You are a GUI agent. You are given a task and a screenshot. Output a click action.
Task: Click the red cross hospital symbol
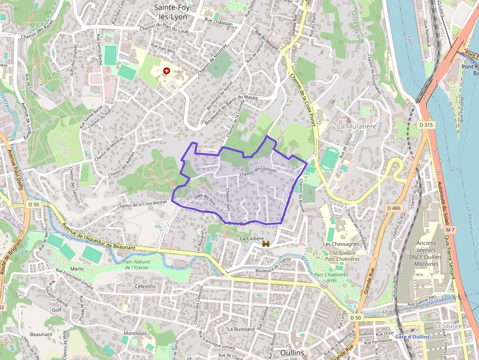pyautogui.click(x=167, y=71)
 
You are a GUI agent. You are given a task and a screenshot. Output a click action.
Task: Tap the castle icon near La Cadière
pyautogui.click(x=266, y=243)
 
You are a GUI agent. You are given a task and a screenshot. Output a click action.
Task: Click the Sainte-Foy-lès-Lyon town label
pyautogui.click(x=173, y=12)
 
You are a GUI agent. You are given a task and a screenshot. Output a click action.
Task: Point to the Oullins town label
pyautogui.click(x=292, y=353)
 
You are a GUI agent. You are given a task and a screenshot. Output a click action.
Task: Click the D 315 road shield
pyautogui.click(x=426, y=126)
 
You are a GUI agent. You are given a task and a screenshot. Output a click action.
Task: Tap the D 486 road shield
pyautogui.click(x=393, y=208)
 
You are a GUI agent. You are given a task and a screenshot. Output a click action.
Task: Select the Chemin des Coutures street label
pyautogui.click(x=258, y=172)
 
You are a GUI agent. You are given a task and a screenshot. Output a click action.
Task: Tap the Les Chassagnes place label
pyautogui.click(x=341, y=244)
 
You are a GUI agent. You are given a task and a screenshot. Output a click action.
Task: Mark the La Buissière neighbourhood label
pyautogui.click(x=241, y=329)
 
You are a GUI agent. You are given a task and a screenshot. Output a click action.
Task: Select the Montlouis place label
pyautogui.click(x=135, y=334)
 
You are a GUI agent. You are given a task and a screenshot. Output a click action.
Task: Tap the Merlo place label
pyautogui.click(x=77, y=269)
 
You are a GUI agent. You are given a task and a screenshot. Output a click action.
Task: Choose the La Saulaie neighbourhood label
pyautogui.click(x=447, y=325)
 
